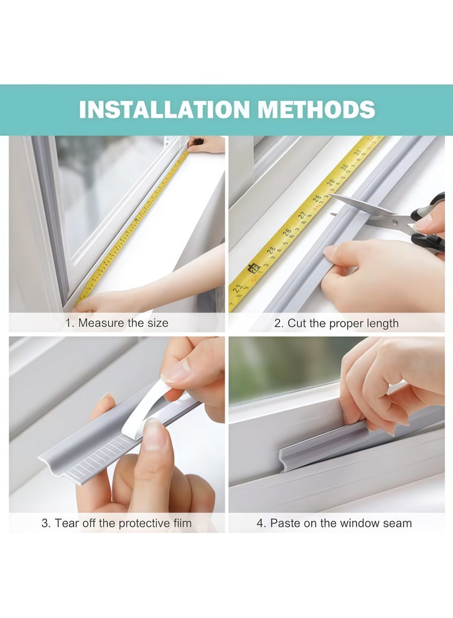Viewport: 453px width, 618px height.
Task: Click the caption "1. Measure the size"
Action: pyautogui.click(x=116, y=323)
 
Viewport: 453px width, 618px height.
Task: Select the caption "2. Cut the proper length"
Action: pyautogui.click(x=336, y=323)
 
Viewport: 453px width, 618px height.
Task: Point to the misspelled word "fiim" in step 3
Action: pyautogui.click(x=180, y=523)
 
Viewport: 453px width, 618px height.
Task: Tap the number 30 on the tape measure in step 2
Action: pyautogui.click(x=345, y=167)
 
